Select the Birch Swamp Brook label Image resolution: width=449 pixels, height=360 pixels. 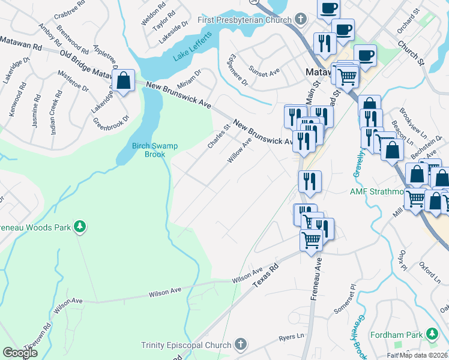(148, 149)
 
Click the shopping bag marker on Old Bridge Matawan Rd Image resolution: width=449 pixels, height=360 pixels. (124, 80)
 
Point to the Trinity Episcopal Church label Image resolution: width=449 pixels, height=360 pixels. (186, 345)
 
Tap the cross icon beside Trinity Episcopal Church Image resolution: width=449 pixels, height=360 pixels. (240, 344)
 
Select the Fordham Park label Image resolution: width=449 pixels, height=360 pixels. (397, 334)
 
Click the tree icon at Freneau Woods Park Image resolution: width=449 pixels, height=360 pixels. (79, 227)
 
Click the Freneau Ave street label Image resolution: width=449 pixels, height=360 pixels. (316, 278)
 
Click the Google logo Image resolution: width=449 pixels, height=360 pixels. (20, 352)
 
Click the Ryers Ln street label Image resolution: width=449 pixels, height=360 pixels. (292, 338)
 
